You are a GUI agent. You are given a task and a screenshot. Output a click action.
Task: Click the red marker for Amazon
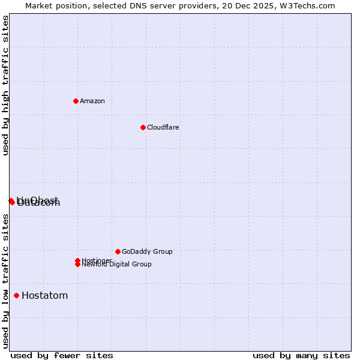click(76, 101)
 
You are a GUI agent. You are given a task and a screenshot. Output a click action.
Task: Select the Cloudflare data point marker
click(143, 127)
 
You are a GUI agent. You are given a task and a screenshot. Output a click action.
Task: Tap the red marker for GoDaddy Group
click(118, 251)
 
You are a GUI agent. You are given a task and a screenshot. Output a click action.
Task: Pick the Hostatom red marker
click(16, 295)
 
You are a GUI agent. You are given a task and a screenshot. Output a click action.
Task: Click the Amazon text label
click(92, 101)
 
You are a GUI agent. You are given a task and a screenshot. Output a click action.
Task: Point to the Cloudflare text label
click(163, 127)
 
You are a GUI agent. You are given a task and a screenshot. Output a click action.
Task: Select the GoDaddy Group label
click(147, 251)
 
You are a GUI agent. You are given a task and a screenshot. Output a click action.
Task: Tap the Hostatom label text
click(44, 295)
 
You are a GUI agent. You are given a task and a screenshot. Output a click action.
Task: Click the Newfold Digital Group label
click(117, 265)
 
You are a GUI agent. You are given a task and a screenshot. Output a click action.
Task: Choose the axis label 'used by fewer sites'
click(62, 355)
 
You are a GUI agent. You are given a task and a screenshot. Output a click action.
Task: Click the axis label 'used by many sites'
click(301, 355)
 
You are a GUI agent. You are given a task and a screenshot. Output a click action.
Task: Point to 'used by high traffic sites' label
click(6, 85)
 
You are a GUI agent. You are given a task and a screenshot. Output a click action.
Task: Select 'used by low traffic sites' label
click(6, 281)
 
